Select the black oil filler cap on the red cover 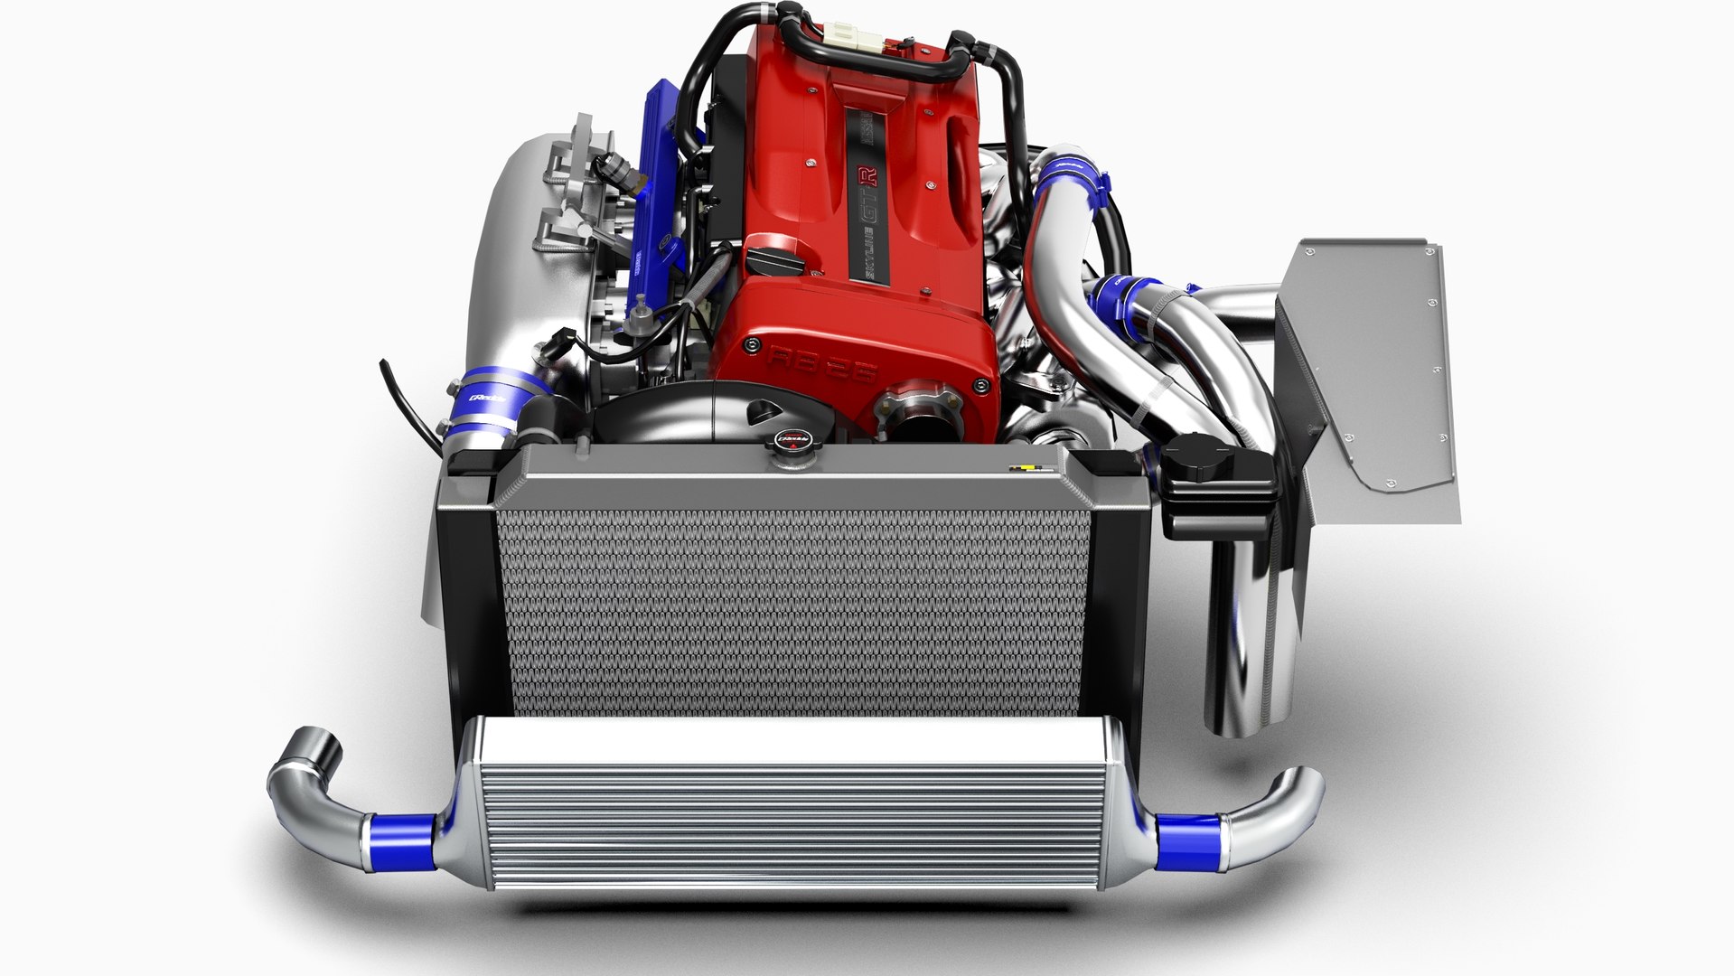coord(779,265)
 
